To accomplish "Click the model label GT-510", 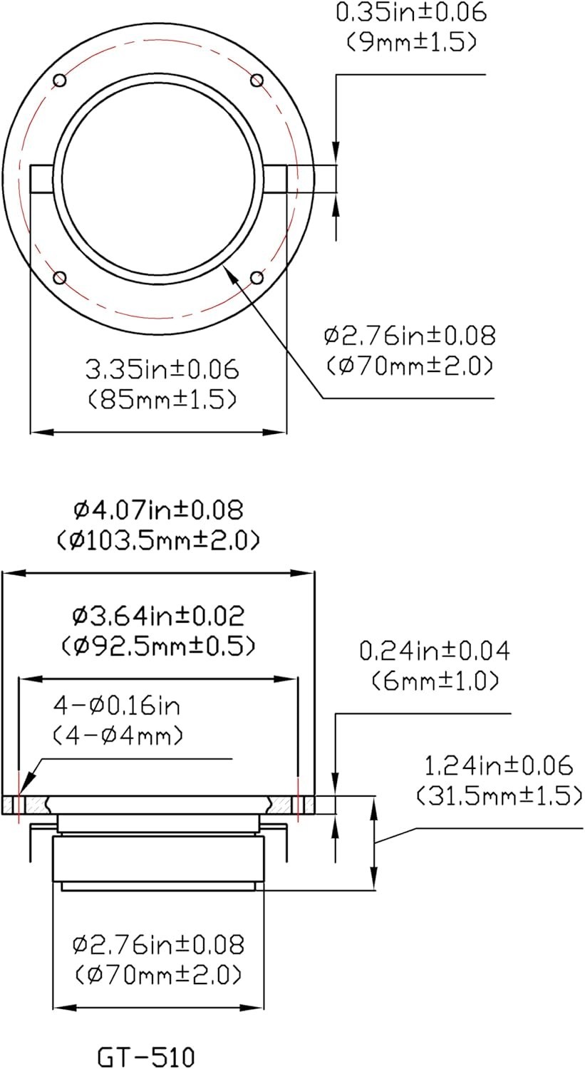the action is (x=146, y=1055).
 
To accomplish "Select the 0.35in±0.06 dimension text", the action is (x=411, y=12).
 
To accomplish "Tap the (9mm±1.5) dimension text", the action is (x=411, y=43).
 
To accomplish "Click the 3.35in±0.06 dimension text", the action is (x=162, y=370).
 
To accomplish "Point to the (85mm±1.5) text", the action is (x=162, y=400).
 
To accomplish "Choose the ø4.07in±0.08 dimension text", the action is (x=158, y=510).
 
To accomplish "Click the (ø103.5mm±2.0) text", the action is (x=158, y=540).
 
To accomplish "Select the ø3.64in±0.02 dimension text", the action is (x=158, y=616).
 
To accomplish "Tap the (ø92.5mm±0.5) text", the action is (x=158, y=646).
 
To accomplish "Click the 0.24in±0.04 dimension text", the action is (x=434, y=651).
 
